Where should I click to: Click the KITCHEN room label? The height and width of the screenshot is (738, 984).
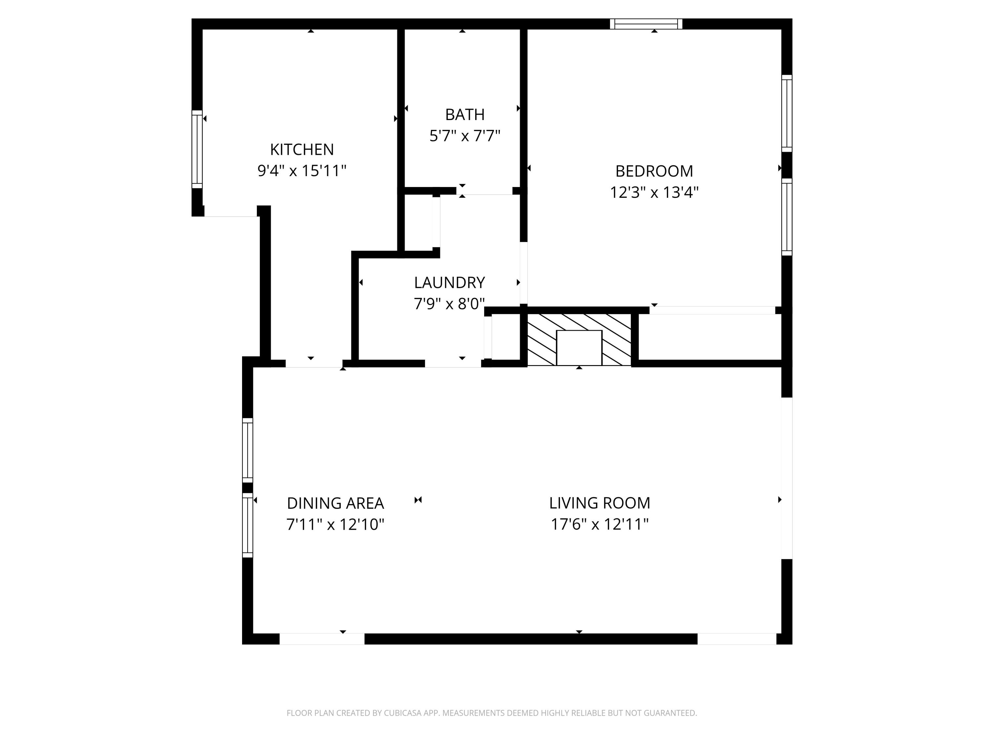pyautogui.click(x=302, y=150)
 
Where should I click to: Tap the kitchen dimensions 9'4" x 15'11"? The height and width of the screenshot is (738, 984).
pyautogui.click(x=302, y=171)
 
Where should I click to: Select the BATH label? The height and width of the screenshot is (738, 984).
pyautogui.click(x=464, y=115)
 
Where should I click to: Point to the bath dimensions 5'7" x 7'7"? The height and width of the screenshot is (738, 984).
pyautogui.click(x=464, y=136)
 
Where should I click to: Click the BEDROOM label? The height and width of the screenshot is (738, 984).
pyautogui.click(x=654, y=171)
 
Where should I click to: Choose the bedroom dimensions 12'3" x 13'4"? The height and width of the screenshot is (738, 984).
pyautogui.click(x=654, y=193)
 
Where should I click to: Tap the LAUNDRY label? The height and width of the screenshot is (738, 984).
pyautogui.click(x=449, y=282)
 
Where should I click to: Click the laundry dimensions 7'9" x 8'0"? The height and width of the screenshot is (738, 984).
pyautogui.click(x=449, y=304)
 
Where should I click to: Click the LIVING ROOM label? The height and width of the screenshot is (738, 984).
pyautogui.click(x=599, y=503)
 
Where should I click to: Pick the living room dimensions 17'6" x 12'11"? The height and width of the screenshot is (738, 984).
pyautogui.click(x=599, y=524)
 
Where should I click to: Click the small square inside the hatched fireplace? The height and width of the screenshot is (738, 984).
pyautogui.click(x=579, y=348)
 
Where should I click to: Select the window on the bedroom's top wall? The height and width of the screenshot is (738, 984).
pyautogui.click(x=646, y=24)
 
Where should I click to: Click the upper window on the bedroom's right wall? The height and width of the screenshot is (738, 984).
pyautogui.click(x=787, y=113)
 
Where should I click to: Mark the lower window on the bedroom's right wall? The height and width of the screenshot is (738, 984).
pyautogui.click(x=787, y=217)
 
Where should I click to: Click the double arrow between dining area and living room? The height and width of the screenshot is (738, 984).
pyautogui.click(x=418, y=500)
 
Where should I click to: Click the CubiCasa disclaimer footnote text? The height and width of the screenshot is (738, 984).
pyautogui.click(x=492, y=713)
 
